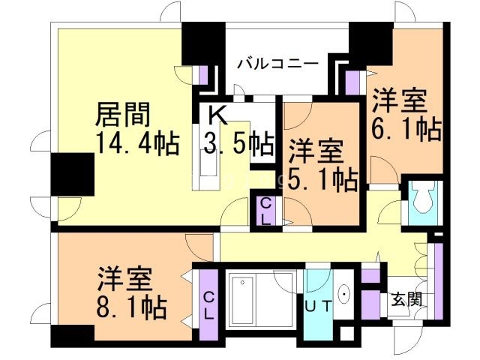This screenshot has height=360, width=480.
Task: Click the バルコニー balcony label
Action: [278, 63]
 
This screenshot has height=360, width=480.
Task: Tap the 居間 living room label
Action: [123, 114]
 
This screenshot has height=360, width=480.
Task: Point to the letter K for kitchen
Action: [217, 115]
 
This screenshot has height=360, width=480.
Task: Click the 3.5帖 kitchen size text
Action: [239, 142]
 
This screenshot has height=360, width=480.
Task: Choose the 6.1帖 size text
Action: [406, 129]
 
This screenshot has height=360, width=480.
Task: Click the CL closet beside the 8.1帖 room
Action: [208, 306]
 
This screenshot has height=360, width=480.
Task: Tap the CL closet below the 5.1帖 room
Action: [266, 211]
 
